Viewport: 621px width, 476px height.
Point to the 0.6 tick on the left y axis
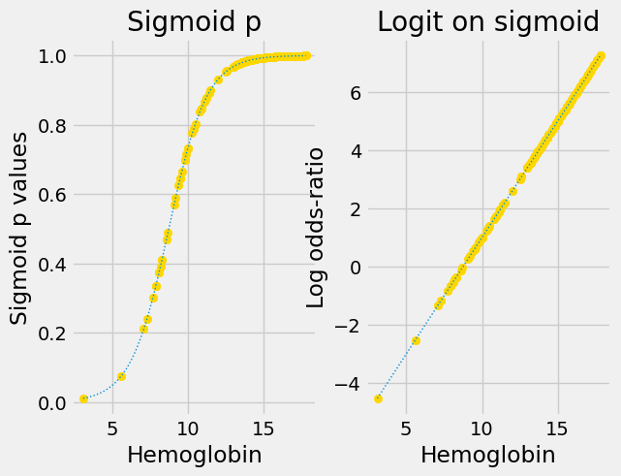[x=48, y=195]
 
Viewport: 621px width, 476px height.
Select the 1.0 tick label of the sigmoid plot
[x=48, y=56]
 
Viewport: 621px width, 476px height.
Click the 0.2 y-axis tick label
[x=48, y=333]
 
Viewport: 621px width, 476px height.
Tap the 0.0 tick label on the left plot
[x=48, y=402]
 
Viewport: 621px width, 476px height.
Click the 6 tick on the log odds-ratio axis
[x=356, y=93]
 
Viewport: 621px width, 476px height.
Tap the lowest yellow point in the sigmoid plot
[x=83, y=398]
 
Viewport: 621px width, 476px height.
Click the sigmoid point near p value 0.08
[x=121, y=376]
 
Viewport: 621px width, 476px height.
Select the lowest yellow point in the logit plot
[x=378, y=398]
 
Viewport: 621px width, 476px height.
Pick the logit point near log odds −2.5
[x=416, y=340]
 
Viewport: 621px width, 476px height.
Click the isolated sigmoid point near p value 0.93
[x=218, y=79]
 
